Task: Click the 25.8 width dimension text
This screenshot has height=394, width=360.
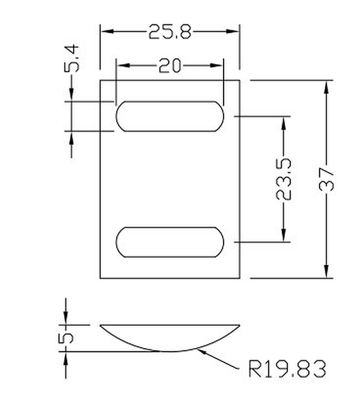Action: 170,31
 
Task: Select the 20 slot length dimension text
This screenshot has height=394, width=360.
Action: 170,65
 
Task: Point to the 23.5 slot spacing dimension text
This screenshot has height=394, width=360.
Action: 284,179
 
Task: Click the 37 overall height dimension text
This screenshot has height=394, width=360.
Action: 327,179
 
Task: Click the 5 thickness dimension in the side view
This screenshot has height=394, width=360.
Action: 66,338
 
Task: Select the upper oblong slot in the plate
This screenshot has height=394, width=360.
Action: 170,115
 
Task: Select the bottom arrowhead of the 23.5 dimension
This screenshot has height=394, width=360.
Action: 284,235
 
